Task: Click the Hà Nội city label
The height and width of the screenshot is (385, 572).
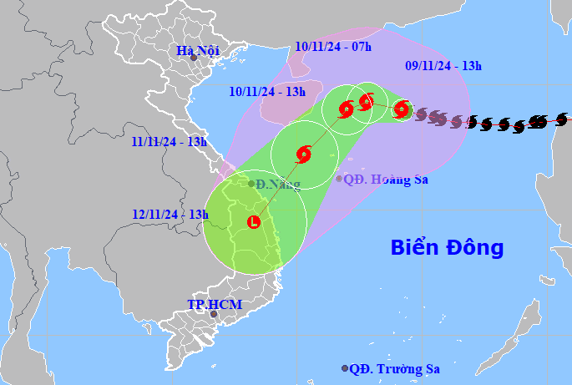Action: click(x=197, y=51)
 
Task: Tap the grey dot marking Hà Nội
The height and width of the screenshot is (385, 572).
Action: click(x=193, y=59)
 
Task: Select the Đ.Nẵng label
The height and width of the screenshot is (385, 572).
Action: click(x=277, y=184)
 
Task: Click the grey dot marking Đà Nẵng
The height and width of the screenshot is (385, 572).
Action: click(x=251, y=184)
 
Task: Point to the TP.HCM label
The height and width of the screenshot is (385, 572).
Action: click(x=215, y=304)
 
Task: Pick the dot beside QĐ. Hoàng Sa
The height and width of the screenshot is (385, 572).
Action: click(x=339, y=178)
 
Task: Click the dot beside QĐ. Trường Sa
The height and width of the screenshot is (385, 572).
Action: click(x=345, y=368)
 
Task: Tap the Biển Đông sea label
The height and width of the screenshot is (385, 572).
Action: click(x=448, y=247)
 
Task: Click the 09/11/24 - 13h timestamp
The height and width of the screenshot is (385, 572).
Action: click(x=443, y=64)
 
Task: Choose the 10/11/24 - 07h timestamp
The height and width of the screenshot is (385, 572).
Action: click(x=332, y=47)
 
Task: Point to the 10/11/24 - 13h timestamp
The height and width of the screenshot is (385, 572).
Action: click(x=268, y=91)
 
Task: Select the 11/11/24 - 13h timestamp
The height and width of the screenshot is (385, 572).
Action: click(x=170, y=141)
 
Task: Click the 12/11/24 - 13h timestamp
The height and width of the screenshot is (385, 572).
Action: click(x=170, y=214)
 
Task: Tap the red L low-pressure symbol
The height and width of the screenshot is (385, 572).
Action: click(x=254, y=222)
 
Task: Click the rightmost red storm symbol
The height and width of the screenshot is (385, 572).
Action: click(x=402, y=109)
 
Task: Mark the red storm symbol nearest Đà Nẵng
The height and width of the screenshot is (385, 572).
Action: click(x=304, y=154)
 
